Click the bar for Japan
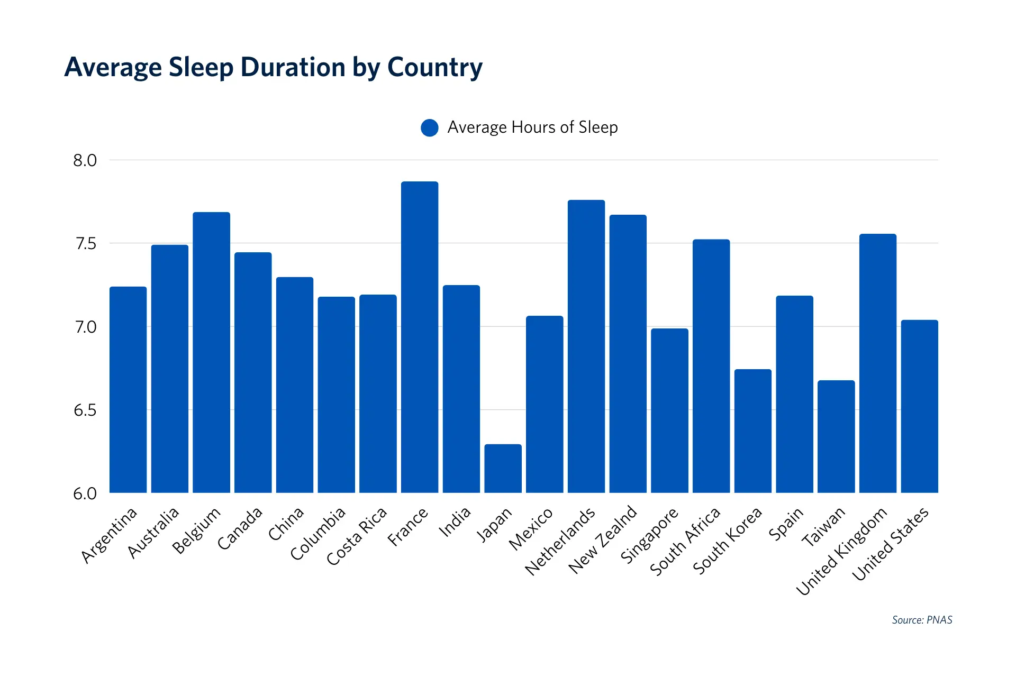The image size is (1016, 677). coord(503,469)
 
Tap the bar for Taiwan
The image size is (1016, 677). coord(836,437)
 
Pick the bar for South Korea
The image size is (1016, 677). coord(752,431)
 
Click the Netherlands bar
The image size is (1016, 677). coord(586,346)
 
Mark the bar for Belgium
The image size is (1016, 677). coord(211,353)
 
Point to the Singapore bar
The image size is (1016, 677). coord(669,410)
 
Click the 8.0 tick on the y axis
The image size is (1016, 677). coord(85,160)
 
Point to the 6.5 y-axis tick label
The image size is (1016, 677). coord(85,410)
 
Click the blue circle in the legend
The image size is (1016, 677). coord(430,127)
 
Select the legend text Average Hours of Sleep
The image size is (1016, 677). coord(532,127)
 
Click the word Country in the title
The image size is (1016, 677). coord(434,68)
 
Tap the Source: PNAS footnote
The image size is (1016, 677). coord(922,620)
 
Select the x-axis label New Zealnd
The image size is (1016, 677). coord(603,539)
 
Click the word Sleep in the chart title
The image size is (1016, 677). coord(201,68)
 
